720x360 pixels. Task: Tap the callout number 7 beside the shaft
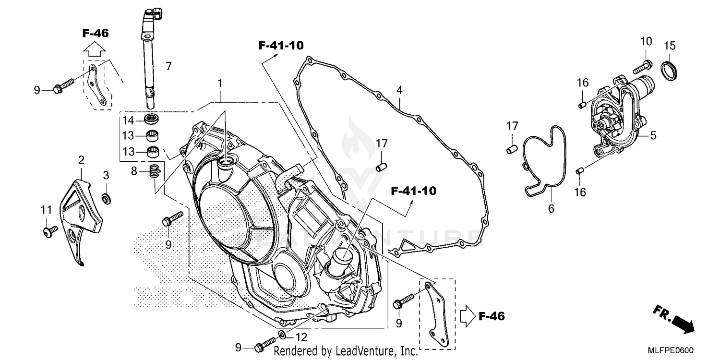coord(168,66)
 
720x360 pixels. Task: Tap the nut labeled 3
coord(106,197)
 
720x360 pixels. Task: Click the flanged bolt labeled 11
coord(47,232)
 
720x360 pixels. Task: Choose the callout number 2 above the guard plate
coord(81,159)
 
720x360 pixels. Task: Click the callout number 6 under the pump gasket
coord(551,208)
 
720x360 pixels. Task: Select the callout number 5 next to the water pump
coord(653,136)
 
